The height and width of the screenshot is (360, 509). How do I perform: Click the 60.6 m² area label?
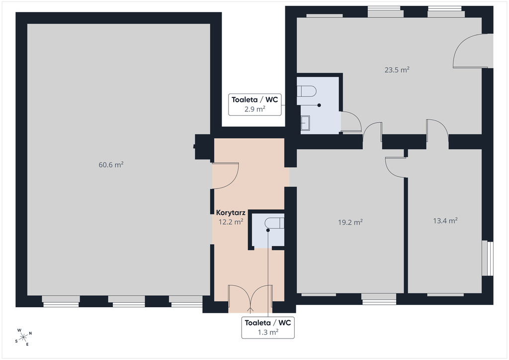pos(111,165)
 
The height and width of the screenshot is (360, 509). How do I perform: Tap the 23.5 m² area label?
pos(397,70)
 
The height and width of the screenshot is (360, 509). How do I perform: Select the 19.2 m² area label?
pos(350,222)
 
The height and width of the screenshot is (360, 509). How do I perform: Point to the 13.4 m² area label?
pos(445,221)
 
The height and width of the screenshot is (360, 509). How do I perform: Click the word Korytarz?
pos(231,213)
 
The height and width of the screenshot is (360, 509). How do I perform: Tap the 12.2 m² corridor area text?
pos(231,222)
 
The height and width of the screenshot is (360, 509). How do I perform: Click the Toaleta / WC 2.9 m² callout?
pos(255,104)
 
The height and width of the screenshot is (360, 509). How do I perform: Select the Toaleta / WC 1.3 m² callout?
pos(268,328)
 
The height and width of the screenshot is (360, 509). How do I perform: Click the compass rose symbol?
pos(23,337)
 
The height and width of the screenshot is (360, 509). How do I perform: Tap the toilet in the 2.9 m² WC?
pos(306,91)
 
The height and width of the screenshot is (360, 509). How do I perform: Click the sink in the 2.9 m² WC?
pos(305,123)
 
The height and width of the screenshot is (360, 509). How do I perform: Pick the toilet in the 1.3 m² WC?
pos(274,223)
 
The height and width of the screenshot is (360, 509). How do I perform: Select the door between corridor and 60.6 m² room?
pos(226,176)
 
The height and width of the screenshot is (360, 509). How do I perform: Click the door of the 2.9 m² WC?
pos(351,122)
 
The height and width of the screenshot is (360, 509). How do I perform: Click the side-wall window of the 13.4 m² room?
pos(488,258)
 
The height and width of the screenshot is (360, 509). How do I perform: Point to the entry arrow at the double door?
pos(251,310)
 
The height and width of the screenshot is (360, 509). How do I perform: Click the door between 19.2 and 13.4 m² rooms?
pos(395,168)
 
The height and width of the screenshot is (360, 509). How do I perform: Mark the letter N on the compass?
pos(30,333)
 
